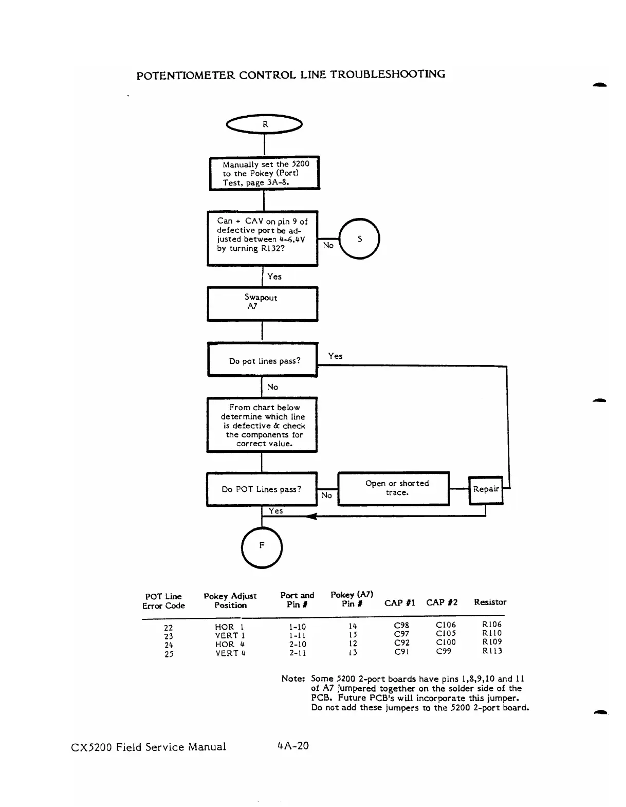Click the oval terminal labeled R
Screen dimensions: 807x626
265,124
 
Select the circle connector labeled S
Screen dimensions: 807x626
360,239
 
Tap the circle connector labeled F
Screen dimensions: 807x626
262,547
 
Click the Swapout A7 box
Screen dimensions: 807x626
262,304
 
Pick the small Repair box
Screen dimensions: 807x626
486,490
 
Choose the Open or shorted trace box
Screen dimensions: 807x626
394,488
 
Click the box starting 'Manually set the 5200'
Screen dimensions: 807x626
265,173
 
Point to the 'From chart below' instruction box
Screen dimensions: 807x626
262,425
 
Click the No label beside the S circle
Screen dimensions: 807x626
328,246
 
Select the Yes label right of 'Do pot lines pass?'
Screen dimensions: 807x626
335,356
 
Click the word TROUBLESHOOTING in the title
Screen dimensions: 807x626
388,74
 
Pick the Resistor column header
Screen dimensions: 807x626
490,602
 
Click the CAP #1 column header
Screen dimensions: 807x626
399,602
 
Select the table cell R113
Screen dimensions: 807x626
492,651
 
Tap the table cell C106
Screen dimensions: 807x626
446,625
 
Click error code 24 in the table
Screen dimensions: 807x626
169,645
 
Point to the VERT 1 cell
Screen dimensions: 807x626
229,636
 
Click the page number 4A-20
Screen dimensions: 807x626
292,746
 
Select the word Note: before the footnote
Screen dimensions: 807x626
293,679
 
